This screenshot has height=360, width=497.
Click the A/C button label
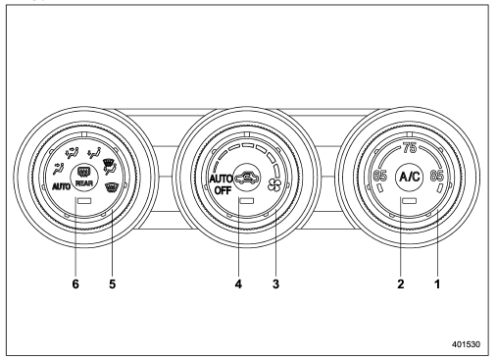pyautogui.click(x=410, y=177)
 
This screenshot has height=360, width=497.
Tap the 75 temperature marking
pyautogui.click(x=410, y=148)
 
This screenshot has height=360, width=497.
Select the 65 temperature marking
pyautogui.click(x=379, y=176)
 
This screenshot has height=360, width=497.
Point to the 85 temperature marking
pyautogui.click(x=436, y=176)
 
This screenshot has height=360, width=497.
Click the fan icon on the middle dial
pyautogui.click(x=273, y=184)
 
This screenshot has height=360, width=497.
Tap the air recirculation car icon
pyautogui.click(x=247, y=178)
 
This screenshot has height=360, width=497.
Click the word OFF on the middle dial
pyautogui.click(x=223, y=190)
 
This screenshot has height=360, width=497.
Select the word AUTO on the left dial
pyautogui.click(x=62, y=186)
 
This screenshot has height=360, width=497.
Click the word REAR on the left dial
pyautogui.click(x=84, y=183)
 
